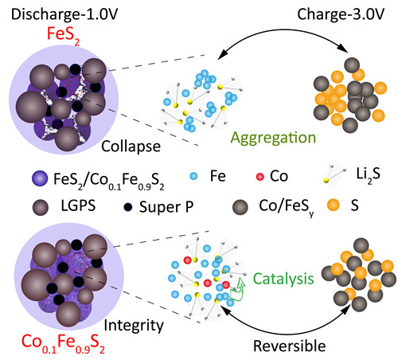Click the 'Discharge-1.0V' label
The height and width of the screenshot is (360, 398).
64,14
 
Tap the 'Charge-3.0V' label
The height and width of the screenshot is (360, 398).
341,14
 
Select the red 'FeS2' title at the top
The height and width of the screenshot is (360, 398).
64,35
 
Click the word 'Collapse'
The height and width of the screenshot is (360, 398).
131,147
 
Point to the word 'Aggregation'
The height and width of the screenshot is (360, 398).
273,139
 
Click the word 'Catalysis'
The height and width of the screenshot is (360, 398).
283,279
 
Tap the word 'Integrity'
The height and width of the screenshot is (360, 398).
134,326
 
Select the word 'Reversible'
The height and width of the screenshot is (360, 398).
290,346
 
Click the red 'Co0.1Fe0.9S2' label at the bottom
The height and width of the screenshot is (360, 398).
63,343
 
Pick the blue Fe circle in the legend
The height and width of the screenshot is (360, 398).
194,176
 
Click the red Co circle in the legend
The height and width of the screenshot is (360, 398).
260,177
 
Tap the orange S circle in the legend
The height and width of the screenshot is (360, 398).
334,205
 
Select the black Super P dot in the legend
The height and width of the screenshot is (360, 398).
128,207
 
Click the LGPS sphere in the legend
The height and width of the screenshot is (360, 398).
41,207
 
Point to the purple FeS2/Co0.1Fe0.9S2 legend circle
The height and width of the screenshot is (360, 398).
40,178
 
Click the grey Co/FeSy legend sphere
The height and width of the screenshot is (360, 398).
240,207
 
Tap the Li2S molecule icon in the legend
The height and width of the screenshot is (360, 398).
334,174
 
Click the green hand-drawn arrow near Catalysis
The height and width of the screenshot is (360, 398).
237,291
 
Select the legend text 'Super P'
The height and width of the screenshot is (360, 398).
166,207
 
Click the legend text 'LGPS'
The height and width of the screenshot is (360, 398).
78,205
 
